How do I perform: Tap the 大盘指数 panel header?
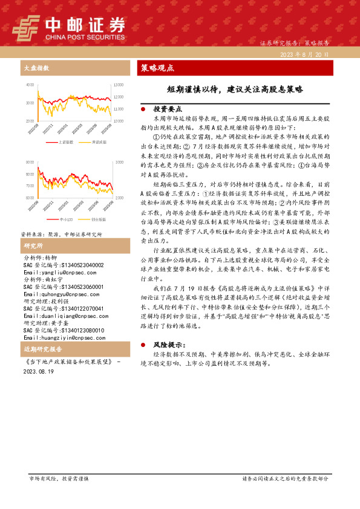click(x=36, y=68)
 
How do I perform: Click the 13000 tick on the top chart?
click(x=118, y=85)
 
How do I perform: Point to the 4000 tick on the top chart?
click(x=30, y=85)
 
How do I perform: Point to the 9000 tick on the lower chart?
click(x=30, y=163)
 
